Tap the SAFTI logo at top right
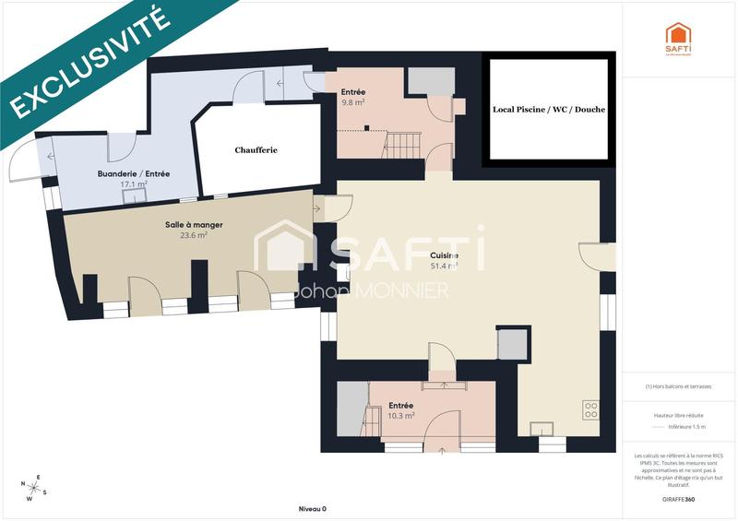[x=678, y=38]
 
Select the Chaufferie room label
[x=256, y=149]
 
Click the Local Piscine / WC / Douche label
[x=548, y=110]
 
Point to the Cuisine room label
[x=445, y=255]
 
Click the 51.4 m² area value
[x=445, y=266]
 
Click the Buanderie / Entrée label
[x=134, y=173]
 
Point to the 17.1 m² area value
[x=134, y=184]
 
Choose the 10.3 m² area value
[x=400, y=415]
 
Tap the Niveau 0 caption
[x=312, y=509]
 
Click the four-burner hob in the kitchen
[x=590, y=409]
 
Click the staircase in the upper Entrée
[x=402, y=143]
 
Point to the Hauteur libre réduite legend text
[x=678, y=415]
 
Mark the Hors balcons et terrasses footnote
[x=678, y=386]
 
